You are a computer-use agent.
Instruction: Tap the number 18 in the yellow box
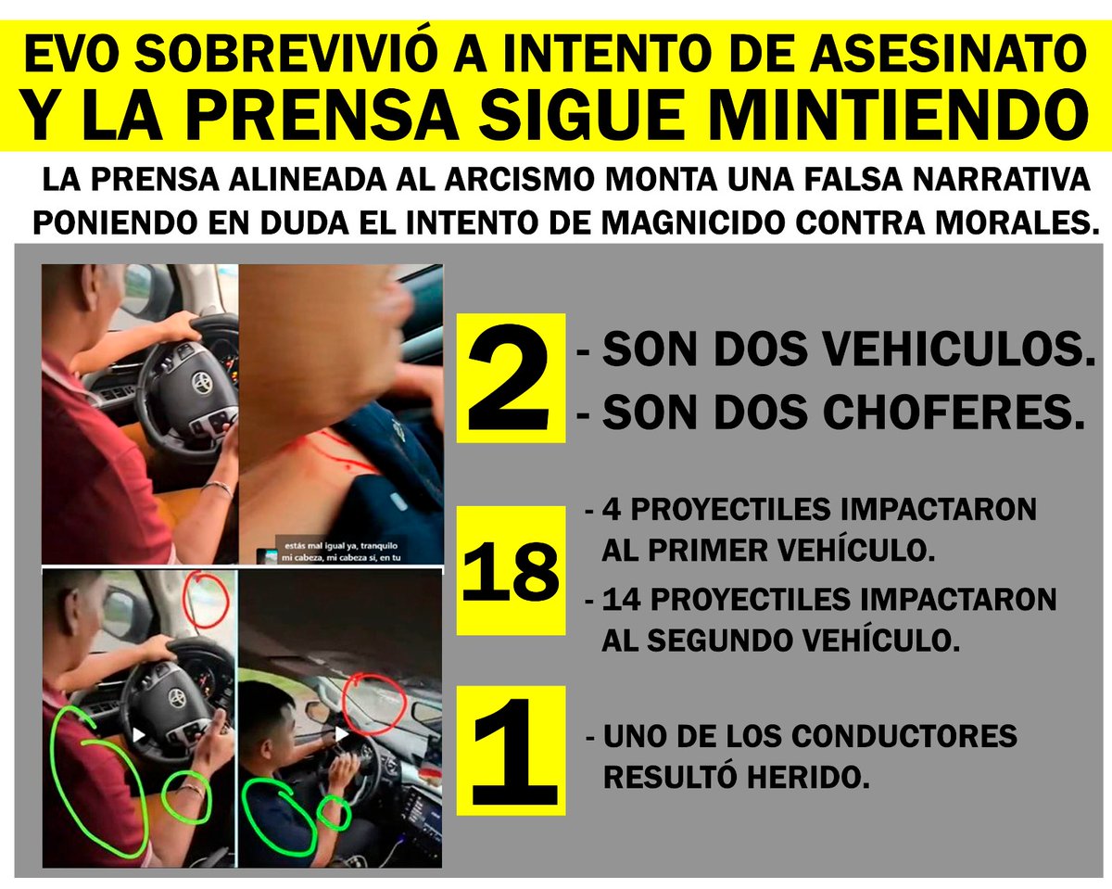tap(511, 569)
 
